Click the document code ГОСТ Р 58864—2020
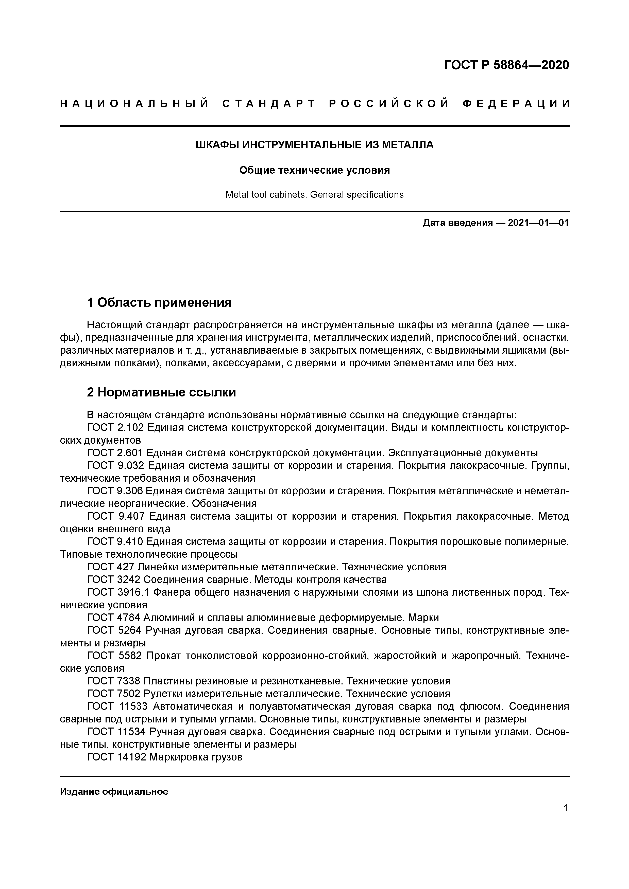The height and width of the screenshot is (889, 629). coord(506,65)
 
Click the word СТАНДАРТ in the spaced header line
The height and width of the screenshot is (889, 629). coord(269,104)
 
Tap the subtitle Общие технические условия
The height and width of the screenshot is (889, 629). coord(314,170)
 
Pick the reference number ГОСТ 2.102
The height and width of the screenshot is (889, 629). coord(115,428)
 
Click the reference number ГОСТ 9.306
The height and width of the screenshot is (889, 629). coord(115,491)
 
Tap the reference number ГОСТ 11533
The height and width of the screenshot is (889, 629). coord(117,706)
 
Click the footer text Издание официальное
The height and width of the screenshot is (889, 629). coord(114,791)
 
